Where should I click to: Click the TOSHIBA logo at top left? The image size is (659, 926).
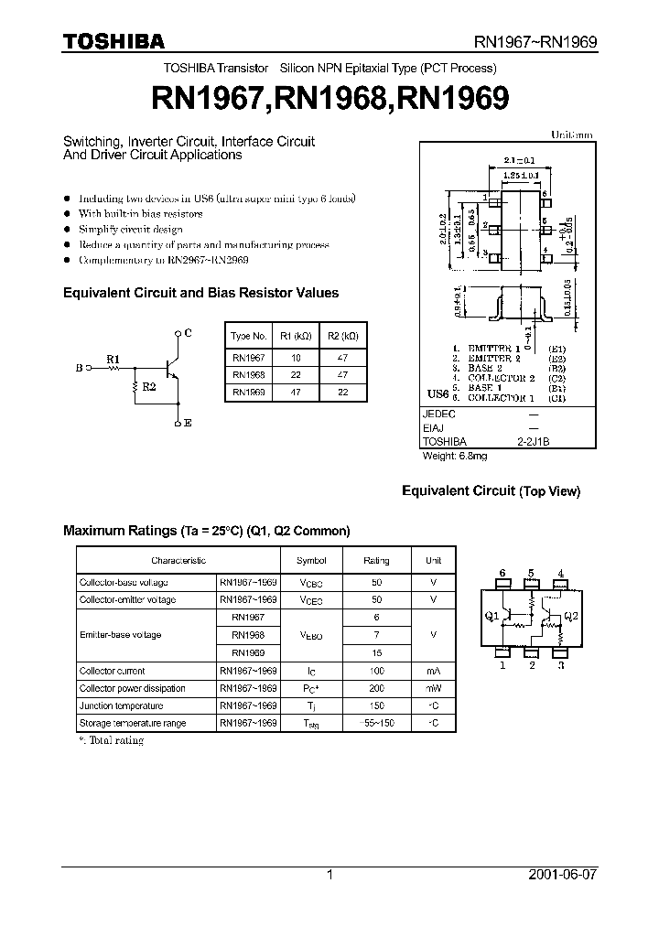coord(113,41)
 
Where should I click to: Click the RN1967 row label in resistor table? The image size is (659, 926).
coord(249,358)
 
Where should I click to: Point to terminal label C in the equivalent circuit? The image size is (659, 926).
coord(188,333)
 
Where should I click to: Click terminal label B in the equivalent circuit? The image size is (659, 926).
coord(79,368)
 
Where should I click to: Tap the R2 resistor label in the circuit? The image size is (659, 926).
coord(150,386)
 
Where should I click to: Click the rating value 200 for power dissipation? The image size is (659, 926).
coord(376,688)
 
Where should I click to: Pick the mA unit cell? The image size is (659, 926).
coord(433,671)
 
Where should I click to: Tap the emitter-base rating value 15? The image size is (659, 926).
coord(376,653)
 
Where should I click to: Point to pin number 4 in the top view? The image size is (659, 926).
coord(560,574)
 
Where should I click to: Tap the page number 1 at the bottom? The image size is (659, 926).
coord(329,875)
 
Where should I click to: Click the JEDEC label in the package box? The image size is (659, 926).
coord(438,413)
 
